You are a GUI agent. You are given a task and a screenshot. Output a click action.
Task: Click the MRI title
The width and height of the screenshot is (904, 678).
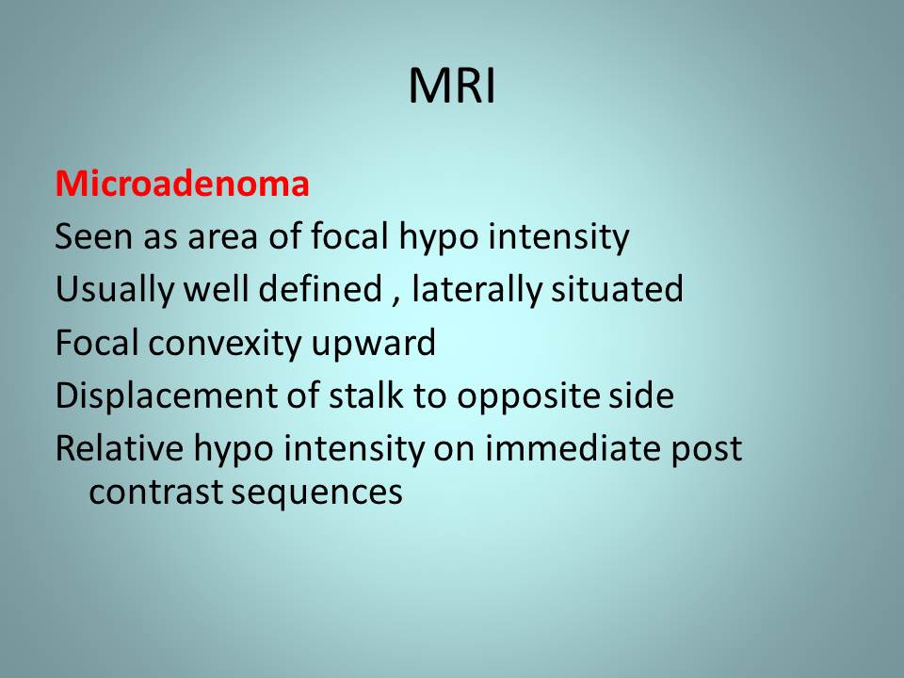point(452,86)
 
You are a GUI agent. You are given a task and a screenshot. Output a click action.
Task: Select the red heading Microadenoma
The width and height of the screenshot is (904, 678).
point(182,184)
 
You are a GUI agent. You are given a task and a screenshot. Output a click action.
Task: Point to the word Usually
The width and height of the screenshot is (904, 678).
point(114,290)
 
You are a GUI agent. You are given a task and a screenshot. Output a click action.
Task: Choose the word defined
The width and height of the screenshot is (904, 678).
point(320,288)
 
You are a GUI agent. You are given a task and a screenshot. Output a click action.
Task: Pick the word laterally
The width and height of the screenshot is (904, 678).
point(476,290)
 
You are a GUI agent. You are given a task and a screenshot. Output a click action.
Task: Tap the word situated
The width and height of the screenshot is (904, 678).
point(617,289)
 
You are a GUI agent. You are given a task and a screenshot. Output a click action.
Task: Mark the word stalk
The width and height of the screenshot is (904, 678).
point(365,395)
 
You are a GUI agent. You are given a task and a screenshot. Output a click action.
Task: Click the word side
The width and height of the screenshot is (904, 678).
point(641,395)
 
